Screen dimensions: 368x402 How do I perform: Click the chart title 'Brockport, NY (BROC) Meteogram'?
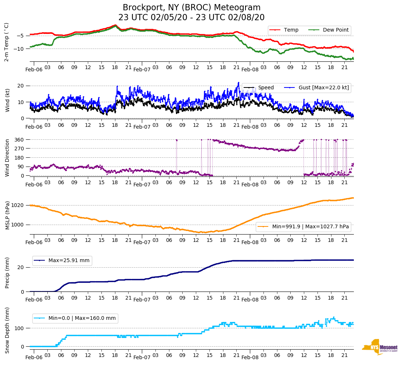[x=191, y=8]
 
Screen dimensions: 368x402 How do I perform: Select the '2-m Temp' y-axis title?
[x=7, y=42]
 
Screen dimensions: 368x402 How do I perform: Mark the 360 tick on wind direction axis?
[x=19, y=140]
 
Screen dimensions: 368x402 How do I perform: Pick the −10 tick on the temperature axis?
[x=19, y=49]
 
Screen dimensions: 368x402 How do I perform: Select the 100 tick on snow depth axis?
[x=19, y=328]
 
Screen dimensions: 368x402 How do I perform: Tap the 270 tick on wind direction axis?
[x=19, y=149]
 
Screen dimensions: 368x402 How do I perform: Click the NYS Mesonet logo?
[x=379, y=347]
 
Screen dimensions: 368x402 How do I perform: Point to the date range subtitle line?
[x=191, y=18]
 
